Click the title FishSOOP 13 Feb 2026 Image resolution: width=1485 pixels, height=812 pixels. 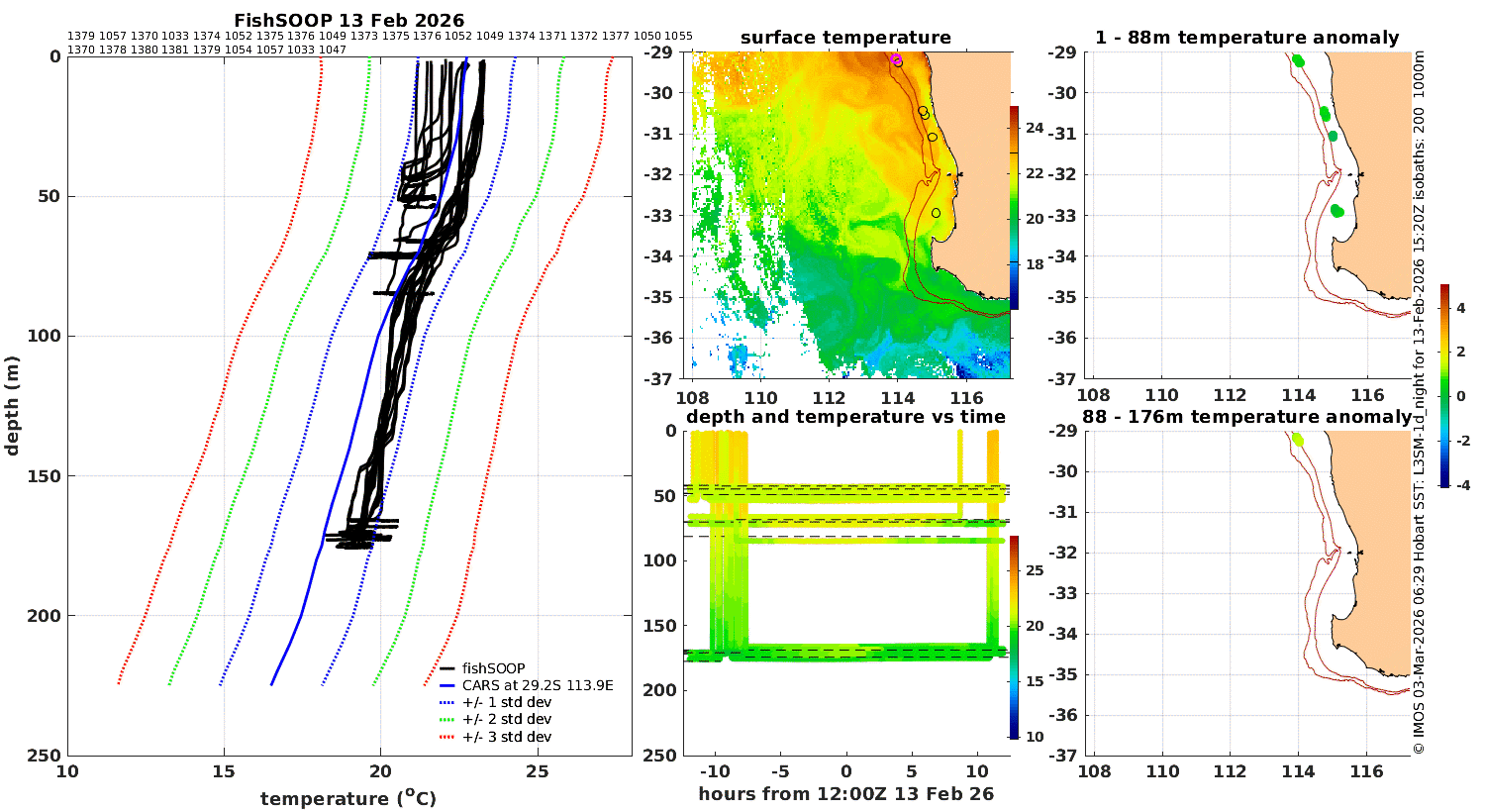pos(348,20)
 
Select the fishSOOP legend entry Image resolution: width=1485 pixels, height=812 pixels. pos(493,668)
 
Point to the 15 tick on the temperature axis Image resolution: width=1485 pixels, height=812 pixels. pos(224,771)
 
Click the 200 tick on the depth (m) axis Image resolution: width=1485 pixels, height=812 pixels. pos(44,616)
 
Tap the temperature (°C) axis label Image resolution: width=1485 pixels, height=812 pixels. pos(348,798)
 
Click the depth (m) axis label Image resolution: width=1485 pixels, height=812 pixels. pos(12,406)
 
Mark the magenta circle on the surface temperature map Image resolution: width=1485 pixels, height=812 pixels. pos(896,59)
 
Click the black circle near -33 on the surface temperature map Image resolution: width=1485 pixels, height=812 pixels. pos(936,213)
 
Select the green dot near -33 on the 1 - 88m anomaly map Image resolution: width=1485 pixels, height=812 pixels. pos(1337,212)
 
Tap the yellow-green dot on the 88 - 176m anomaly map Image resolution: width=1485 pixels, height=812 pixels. pos(1298,440)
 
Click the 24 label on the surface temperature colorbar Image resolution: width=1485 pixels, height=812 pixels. pos(1035,128)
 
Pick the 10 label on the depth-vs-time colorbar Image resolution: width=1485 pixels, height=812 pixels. pos(1035,737)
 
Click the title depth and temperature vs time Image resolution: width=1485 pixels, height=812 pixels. pos(845,416)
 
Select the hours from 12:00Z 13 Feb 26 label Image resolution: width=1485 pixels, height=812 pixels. pos(845,794)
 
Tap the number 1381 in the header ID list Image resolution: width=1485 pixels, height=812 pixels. pos(175,50)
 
